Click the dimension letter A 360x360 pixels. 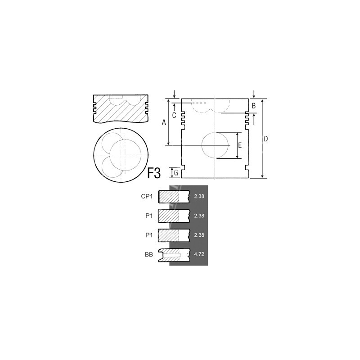(x=164, y=122)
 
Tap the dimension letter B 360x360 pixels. (x=254, y=106)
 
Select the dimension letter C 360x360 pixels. (x=174, y=115)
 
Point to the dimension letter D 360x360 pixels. (x=265, y=139)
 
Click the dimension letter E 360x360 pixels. (x=240, y=145)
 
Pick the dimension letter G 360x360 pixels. (x=176, y=173)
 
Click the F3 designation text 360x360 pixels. (x=153, y=173)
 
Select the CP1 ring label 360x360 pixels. (x=147, y=196)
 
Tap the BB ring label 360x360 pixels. (x=149, y=254)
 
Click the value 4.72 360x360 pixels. (x=199, y=254)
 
